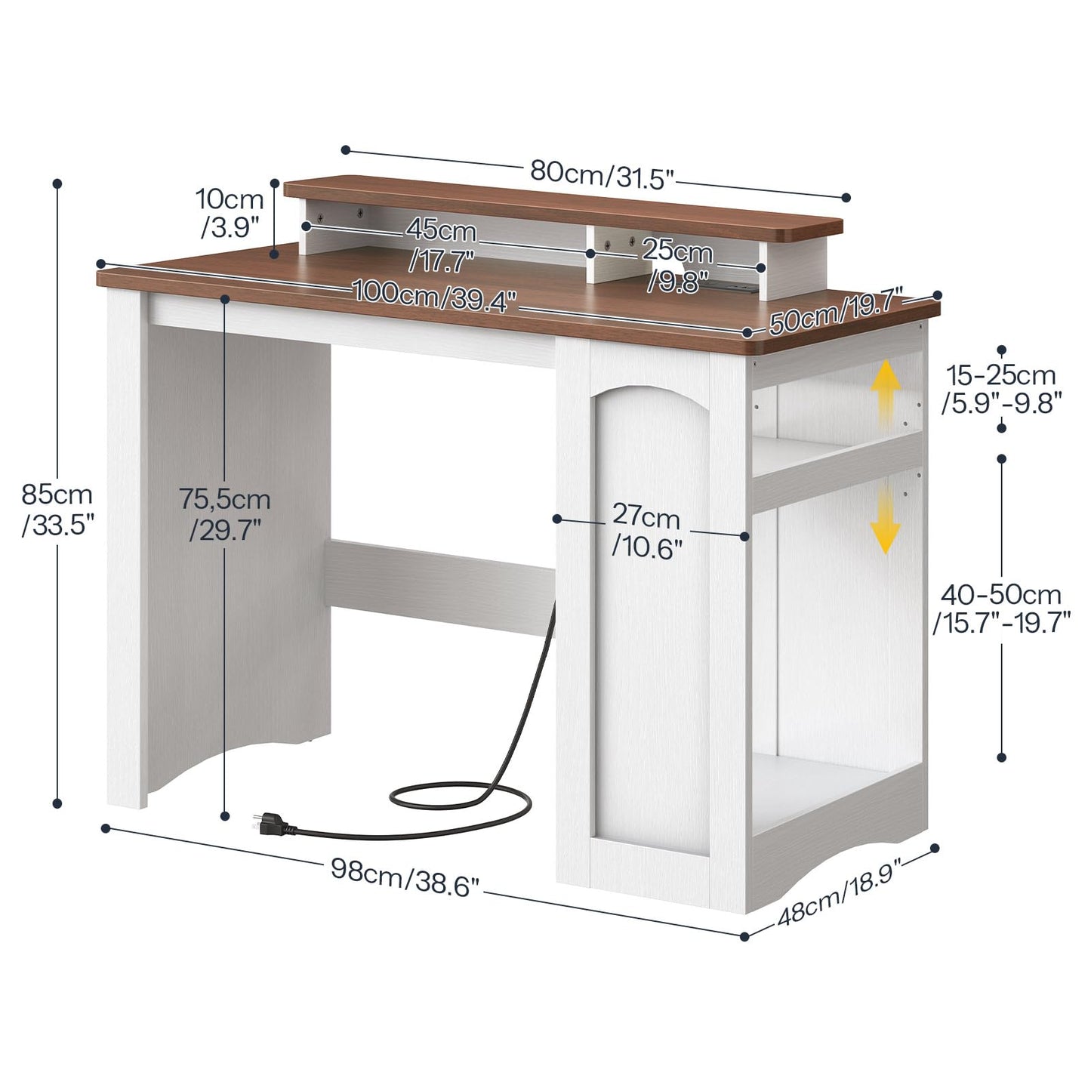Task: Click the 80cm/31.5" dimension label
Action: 603,174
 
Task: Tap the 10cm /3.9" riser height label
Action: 230,214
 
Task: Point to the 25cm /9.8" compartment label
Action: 677,266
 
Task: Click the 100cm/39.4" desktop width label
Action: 435,295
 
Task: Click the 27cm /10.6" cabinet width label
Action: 646,532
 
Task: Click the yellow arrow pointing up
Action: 886,392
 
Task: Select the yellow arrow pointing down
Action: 886,520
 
